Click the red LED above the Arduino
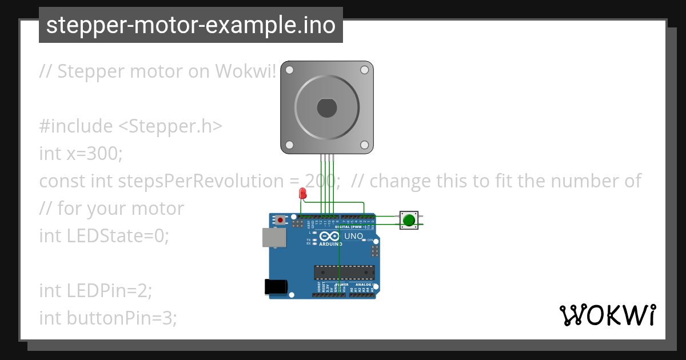(302, 193)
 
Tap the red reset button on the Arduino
(280, 219)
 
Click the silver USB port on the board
(273, 237)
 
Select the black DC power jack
(276, 287)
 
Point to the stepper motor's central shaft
(326, 107)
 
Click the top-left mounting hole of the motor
(289, 70)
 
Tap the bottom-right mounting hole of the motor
(364, 145)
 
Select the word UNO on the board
(353, 235)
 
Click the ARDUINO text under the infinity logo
(330, 243)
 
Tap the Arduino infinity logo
(329, 235)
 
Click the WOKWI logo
(607, 315)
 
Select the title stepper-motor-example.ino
(190, 25)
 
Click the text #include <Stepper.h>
(130, 126)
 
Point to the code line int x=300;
(81, 153)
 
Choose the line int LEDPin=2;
(95, 290)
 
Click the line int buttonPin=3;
(108, 318)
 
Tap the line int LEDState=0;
(104, 235)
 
